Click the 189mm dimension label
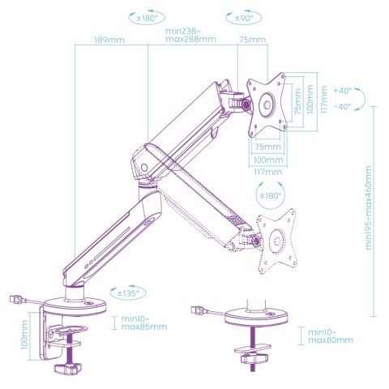pyautogui.click(x=109, y=40)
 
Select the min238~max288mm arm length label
pyautogui.click(x=190, y=35)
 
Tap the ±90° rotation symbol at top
pyautogui.click(x=244, y=18)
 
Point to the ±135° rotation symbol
pyautogui.click(x=128, y=293)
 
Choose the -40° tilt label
pyautogui.click(x=343, y=106)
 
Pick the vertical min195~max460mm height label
pyautogui.click(x=369, y=207)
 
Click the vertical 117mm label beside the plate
pyautogui.click(x=323, y=99)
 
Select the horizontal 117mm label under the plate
pyautogui.click(x=267, y=172)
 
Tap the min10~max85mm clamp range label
pyautogui.click(x=143, y=323)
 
